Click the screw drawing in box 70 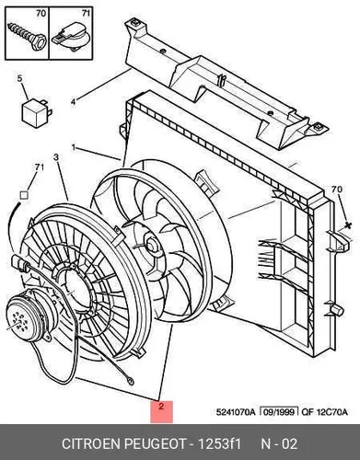(27, 37)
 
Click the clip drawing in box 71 (70, 38)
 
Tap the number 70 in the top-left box (41, 13)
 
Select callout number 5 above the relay (19, 78)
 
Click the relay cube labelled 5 (36, 112)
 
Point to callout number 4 (73, 101)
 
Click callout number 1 (74, 147)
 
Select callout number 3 (56, 157)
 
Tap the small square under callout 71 (24, 195)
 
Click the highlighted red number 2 (161, 407)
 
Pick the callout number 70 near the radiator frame (337, 190)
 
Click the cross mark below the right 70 (348, 225)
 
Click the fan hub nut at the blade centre (152, 244)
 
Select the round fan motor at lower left (29, 316)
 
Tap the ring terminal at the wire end (130, 382)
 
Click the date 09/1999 (279, 412)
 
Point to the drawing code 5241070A (236, 412)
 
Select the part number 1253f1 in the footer (220, 443)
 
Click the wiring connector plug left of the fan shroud (19, 264)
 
